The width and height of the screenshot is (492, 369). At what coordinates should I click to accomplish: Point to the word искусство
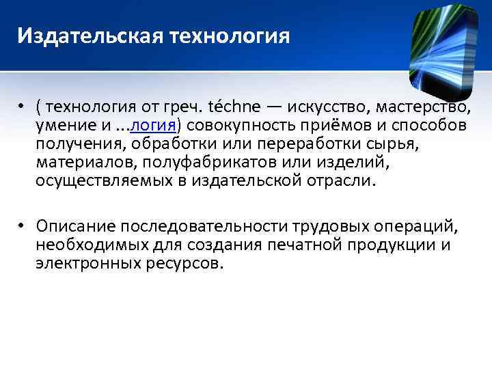(325, 107)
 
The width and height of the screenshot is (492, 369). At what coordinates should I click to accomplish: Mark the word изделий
(327, 162)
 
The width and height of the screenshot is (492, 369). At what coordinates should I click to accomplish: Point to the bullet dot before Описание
(23, 227)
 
